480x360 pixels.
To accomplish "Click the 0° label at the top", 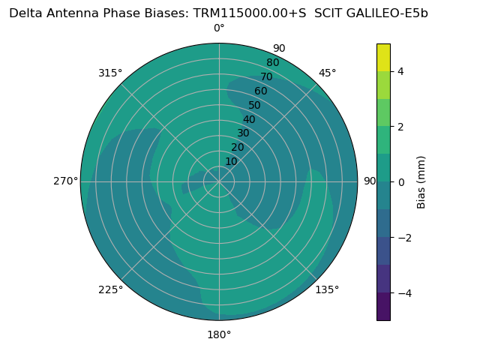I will (x=219, y=28).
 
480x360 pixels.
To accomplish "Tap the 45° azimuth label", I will (x=327, y=73).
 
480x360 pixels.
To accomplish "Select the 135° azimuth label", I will (x=327, y=289).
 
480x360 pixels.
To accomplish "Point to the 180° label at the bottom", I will (x=219, y=334).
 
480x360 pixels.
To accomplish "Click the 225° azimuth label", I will (x=110, y=289).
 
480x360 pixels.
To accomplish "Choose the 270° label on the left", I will (x=65, y=181).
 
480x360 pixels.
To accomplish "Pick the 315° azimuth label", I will (x=110, y=73).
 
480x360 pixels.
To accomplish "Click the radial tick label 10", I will (x=231, y=161).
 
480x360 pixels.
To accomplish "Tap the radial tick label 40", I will (x=249, y=120).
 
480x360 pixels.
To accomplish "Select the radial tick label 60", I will (x=261, y=91).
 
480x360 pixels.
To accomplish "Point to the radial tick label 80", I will (x=272, y=62).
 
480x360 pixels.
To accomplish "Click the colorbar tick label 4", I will (x=400, y=71).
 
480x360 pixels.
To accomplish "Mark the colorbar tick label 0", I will (x=400, y=182).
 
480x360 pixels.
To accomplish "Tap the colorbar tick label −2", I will (x=403, y=238).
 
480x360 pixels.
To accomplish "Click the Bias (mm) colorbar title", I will (x=421, y=182).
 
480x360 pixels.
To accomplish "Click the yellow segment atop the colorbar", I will (x=383, y=57).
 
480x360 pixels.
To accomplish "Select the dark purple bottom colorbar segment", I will (x=383, y=307).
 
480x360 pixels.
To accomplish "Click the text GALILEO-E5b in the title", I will (x=391, y=13).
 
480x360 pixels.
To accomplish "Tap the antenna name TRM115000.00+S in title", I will (x=250, y=13).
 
